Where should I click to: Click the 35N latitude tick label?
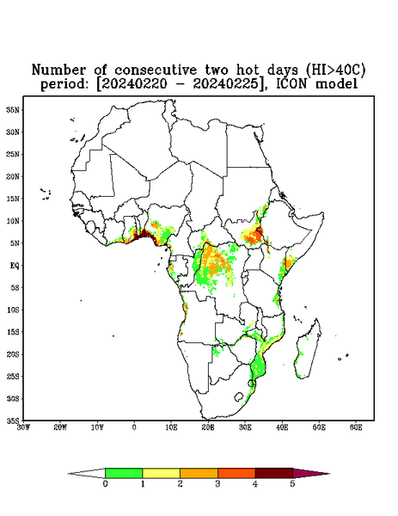coord(13,109)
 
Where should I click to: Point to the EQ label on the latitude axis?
coord(14,265)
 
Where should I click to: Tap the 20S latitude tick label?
coord(13,354)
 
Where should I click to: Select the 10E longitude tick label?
coord(171,427)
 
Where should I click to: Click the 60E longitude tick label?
coord(356,427)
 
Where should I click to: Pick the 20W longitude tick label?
coord(60,427)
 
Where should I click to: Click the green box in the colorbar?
coord(124,473)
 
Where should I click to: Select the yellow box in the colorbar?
coord(161,473)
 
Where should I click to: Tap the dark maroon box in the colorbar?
coord(274,473)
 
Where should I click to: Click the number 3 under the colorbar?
coord(217,484)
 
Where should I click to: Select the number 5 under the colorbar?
coord(293,484)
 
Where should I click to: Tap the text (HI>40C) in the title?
coord(335,70)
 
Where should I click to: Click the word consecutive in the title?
coord(156,71)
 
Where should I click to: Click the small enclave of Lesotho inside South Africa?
coord(238,396)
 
